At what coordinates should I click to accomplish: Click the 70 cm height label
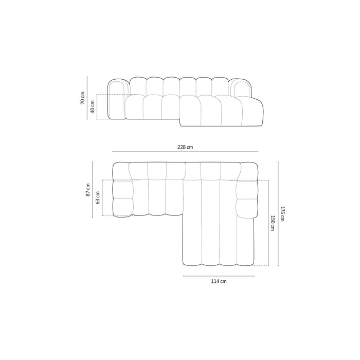click(82, 98)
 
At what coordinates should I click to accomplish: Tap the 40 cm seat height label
click(93, 107)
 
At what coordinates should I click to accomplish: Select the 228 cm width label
click(185, 147)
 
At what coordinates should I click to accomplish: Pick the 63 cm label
click(98, 197)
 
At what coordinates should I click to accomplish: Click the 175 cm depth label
click(282, 214)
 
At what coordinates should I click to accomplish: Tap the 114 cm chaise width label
click(219, 282)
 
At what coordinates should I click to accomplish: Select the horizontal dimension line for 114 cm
click(219, 276)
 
